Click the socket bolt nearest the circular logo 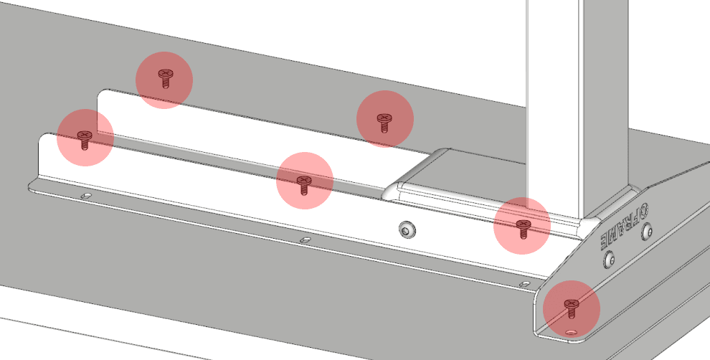click(x=648, y=232)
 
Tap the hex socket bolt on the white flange click(x=407, y=230)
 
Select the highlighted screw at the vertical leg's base click(x=523, y=229)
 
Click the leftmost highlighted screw click(x=85, y=139)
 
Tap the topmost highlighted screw click(x=165, y=77)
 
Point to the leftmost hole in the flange click(x=85, y=196)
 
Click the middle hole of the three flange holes click(x=306, y=240)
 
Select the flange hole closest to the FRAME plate click(x=524, y=285)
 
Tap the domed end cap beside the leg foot click(x=419, y=174)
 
